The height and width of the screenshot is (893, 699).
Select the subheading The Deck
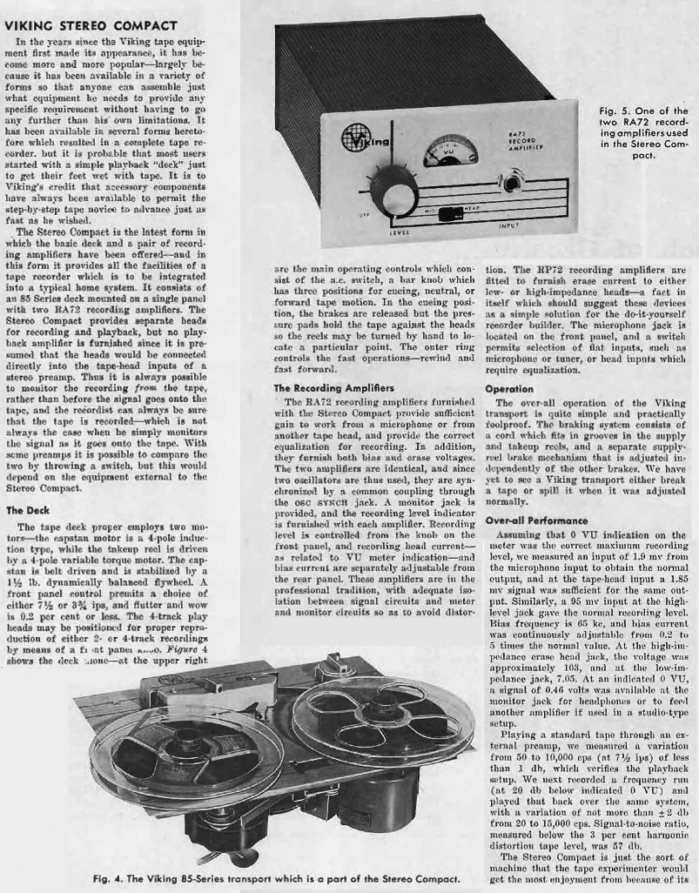coord(27,512)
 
